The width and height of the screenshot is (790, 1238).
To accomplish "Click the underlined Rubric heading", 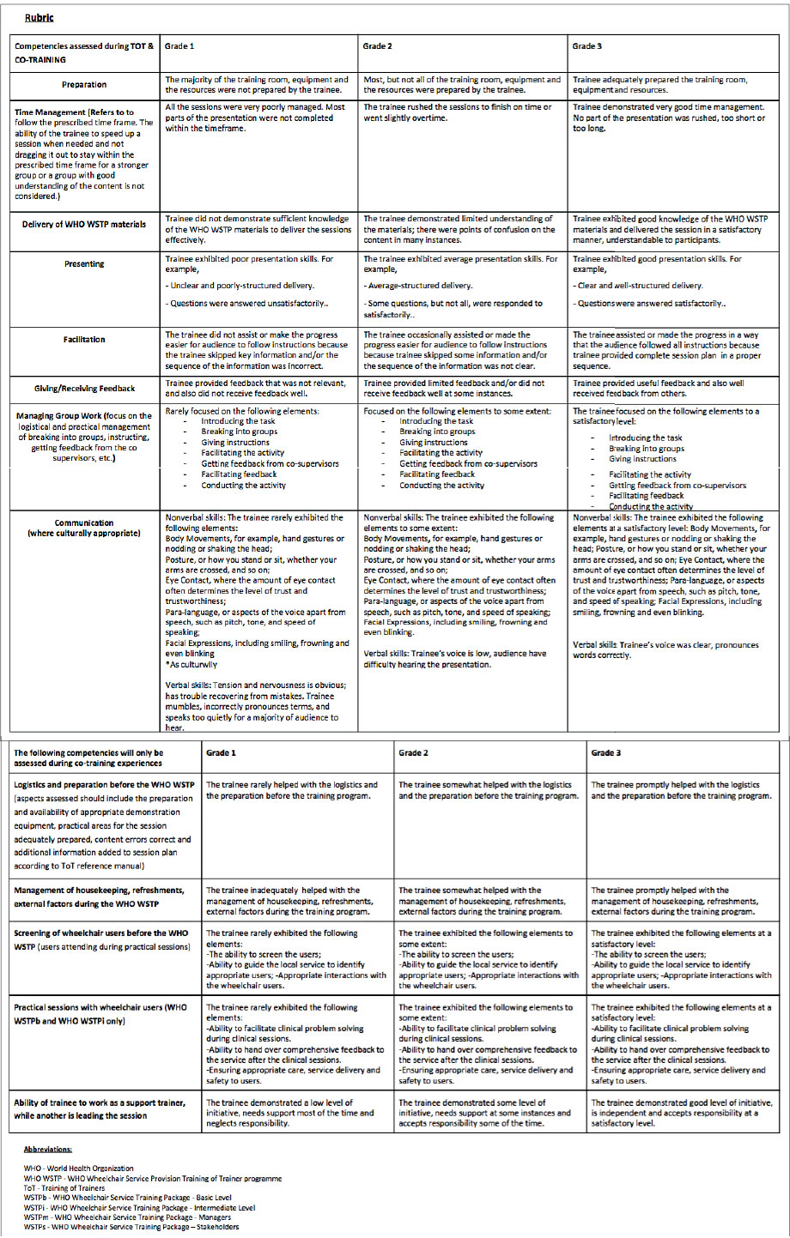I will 39,17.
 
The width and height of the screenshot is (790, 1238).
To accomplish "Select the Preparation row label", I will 84,85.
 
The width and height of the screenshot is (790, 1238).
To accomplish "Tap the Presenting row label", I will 84,264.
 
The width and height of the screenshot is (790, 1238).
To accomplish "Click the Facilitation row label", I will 84,340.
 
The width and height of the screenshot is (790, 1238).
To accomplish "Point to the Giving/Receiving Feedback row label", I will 84,389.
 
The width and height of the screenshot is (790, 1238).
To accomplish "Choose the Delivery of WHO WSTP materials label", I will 84,225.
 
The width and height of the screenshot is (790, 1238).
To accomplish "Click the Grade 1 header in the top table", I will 179,46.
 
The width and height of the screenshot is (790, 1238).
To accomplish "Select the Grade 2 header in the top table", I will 378,46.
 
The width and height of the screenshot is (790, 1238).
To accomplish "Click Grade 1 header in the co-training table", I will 221,753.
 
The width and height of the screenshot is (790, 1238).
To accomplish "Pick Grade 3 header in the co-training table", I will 606,753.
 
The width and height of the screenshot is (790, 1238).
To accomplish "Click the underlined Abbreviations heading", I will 48,1149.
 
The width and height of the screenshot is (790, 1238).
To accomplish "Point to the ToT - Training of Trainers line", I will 65,1188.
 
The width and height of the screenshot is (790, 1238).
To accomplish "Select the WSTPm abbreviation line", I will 127,1217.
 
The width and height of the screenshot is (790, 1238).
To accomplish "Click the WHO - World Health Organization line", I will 79,1169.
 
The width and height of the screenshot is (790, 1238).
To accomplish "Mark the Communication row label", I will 84,528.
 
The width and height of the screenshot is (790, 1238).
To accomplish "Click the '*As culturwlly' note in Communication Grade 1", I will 191,664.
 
